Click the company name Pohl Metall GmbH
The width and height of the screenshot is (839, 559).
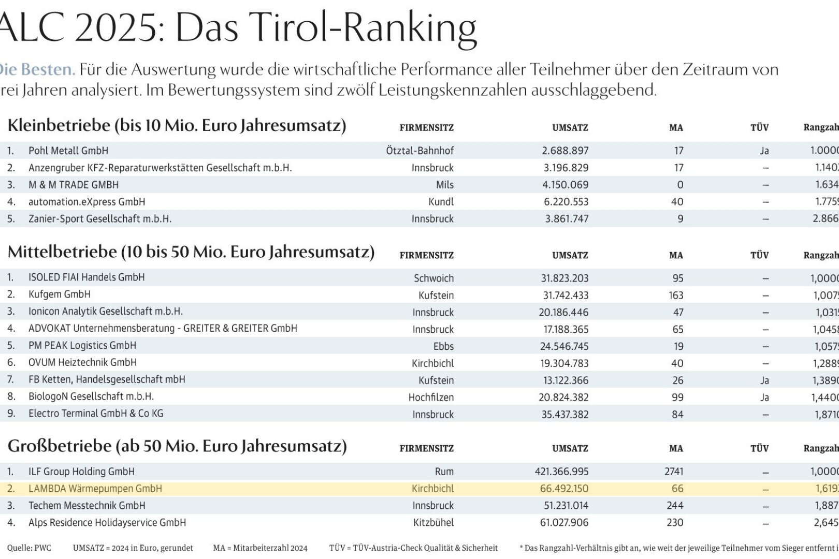(x=68, y=151)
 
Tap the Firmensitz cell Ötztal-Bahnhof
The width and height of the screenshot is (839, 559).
(x=419, y=151)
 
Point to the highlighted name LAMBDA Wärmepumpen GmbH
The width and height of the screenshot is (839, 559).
(x=95, y=489)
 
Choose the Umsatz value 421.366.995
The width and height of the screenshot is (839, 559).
(x=561, y=472)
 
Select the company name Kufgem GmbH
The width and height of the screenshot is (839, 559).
(x=60, y=295)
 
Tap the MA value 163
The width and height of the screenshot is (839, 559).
(x=675, y=295)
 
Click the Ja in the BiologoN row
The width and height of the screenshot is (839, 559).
(x=764, y=398)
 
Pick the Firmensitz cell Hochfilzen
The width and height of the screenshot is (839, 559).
(x=431, y=398)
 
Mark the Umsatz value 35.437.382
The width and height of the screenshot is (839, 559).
(x=565, y=415)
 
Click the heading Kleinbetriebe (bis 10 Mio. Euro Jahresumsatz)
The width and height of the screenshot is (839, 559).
(x=177, y=126)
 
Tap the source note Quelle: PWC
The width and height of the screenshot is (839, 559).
(x=29, y=548)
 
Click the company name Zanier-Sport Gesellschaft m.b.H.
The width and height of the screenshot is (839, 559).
(x=100, y=219)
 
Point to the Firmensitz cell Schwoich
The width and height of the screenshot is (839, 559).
(x=433, y=278)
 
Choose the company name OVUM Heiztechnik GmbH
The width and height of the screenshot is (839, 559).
(x=83, y=362)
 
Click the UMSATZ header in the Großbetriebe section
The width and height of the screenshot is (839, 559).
(x=570, y=449)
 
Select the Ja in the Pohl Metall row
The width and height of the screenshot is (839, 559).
(x=764, y=151)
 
